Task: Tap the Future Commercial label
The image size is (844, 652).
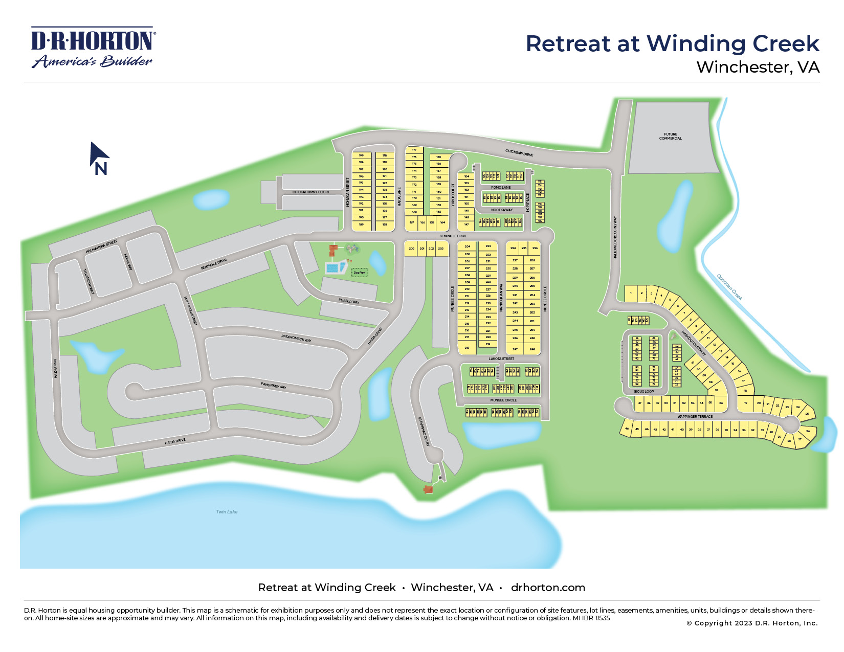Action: [670, 137]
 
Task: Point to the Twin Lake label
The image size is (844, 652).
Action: [227, 511]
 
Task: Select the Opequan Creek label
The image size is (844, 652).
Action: [729, 287]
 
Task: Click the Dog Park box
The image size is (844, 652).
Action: [360, 273]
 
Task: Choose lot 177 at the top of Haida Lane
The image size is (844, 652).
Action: [414, 150]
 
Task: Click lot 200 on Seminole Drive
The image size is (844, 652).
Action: [411, 249]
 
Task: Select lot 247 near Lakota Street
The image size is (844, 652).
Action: [515, 349]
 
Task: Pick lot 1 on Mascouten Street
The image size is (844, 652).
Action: [631, 294]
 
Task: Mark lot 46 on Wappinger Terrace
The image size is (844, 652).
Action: [627, 429]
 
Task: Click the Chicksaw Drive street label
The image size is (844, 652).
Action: [519, 153]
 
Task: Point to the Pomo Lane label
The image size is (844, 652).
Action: [501, 188]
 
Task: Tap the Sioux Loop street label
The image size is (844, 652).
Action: [644, 392]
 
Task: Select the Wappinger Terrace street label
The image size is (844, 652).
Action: [695, 417]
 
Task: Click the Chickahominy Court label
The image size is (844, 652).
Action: [311, 192]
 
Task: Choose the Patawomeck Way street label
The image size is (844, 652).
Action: [296, 338]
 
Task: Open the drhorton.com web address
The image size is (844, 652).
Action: [548, 588]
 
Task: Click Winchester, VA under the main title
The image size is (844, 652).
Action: [758, 67]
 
